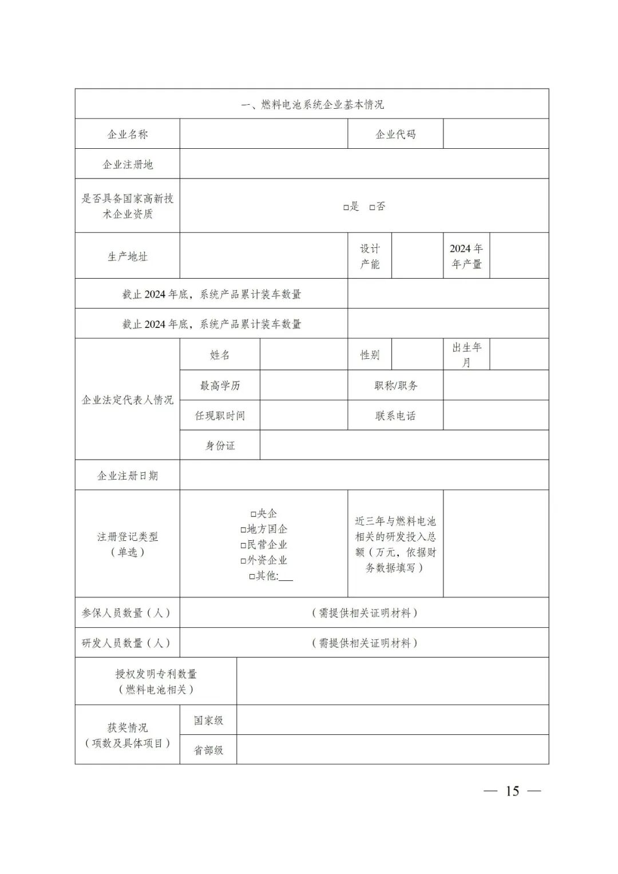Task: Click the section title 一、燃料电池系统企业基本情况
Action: pyautogui.click(x=312, y=104)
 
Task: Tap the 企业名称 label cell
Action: pyautogui.click(x=128, y=135)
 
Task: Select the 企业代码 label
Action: pyautogui.click(x=395, y=135)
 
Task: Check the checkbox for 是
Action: pyautogui.click(x=346, y=207)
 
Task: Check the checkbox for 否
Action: pyautogui.click(x=373, y=207)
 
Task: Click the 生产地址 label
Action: pyautogui.click(x=128, y=256)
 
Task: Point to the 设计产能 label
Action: pyautogui.click(x=370, y=256)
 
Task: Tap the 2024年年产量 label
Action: pyautogui.click(x=466, y=256)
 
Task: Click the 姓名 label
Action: pyautogui.click(x=220, y=355)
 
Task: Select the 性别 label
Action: pyautogui.click(x=370, y=355)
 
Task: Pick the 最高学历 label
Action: pyautogui.click(x=220, y=386)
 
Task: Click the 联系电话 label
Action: pyautogui.click(x=395, y=416)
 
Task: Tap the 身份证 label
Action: pyautogui.click(x=220, y=445)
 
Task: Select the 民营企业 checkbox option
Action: pyautogui.click(x=243, y=545)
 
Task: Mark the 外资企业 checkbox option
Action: pyautogui.click(x=243, y=561)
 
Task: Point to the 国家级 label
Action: pyautogui.click(x=208, y=720)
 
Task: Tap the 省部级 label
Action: pyautogui.click(x=208, y=750)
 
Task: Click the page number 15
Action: pyautogui.click(x=512, y=791)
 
